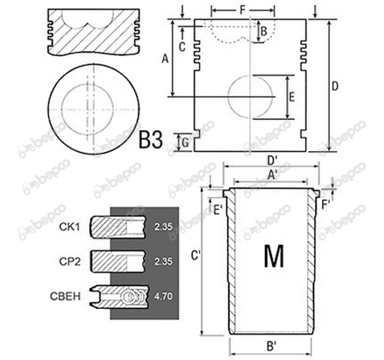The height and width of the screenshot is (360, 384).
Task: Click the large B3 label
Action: [151, 140]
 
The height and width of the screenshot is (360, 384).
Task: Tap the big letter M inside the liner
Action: [274, 256]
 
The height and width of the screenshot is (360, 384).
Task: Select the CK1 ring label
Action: [70, 227]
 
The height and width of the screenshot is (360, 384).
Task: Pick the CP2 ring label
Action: [70, 262]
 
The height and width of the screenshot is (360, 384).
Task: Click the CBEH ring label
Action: [65, 296]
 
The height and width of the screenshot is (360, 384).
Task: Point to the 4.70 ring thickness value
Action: [163, 296]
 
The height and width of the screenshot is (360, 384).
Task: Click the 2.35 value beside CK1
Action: [163, 227]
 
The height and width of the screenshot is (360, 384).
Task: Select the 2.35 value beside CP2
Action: [163, 262]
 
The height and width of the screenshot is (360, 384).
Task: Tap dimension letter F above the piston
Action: [242, 10]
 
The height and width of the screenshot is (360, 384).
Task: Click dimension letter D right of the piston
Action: [335, 86]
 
